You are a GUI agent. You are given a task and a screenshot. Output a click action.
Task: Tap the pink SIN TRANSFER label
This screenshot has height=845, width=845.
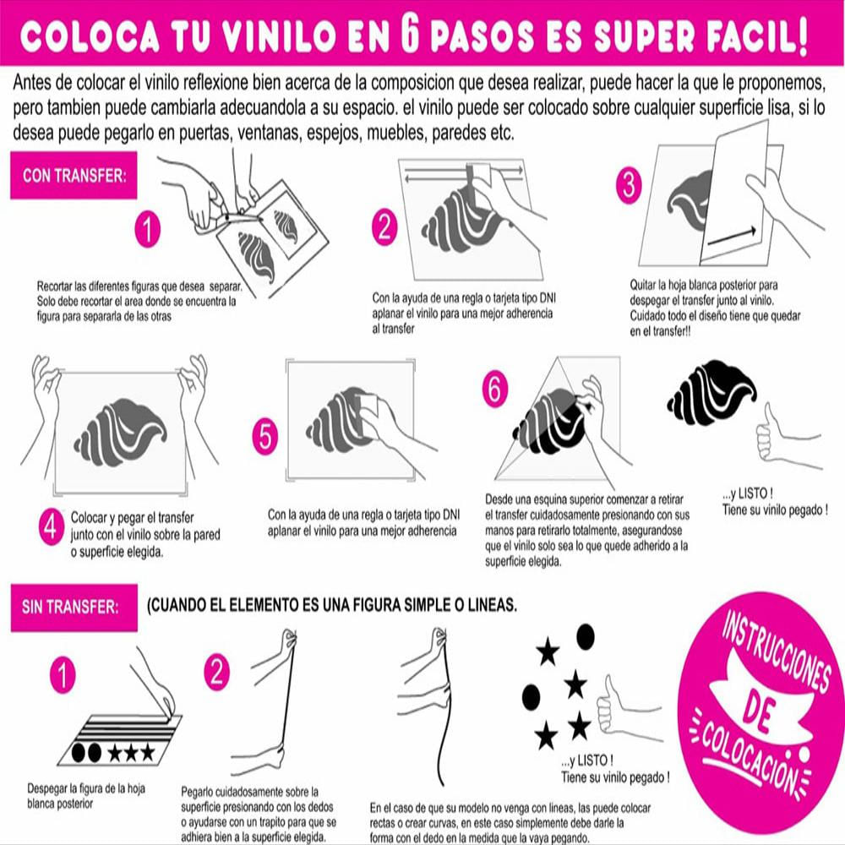70,606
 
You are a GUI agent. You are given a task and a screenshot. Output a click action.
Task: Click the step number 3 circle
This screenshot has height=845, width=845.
627,186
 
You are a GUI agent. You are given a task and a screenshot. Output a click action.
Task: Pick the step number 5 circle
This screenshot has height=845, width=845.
265,436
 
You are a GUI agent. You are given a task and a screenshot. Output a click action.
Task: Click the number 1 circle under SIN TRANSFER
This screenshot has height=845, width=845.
63,674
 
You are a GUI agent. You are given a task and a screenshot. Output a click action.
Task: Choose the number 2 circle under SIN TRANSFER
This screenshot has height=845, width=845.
217,673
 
